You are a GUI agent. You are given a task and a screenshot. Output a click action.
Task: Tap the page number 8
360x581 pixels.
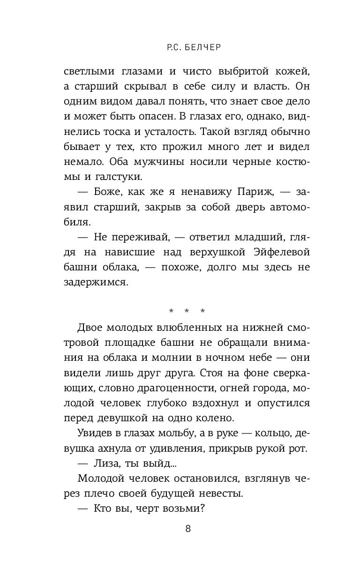188,529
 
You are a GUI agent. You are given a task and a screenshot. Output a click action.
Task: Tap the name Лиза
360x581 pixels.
103,464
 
